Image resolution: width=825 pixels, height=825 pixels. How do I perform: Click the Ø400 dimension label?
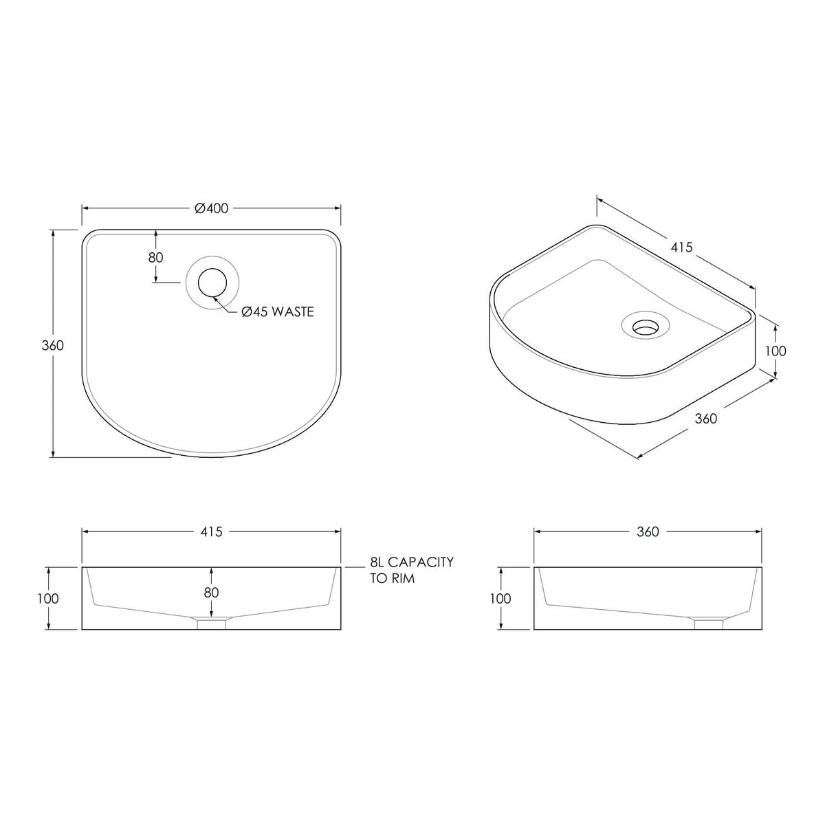point(212,208)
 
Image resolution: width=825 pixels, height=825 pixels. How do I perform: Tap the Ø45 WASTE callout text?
point(278,311)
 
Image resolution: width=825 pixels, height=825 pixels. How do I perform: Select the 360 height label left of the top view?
point(53,345)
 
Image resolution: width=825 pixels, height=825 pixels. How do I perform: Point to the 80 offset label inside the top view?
point(156,258)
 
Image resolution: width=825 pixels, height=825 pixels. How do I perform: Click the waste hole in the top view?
point(212,283)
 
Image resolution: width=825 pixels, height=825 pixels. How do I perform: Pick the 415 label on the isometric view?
point(681,247)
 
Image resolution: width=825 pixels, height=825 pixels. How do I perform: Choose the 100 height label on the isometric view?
point(775,351)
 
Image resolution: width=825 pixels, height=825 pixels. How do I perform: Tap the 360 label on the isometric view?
point(705,418)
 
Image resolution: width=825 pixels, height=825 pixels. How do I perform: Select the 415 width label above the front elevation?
point(212,531)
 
